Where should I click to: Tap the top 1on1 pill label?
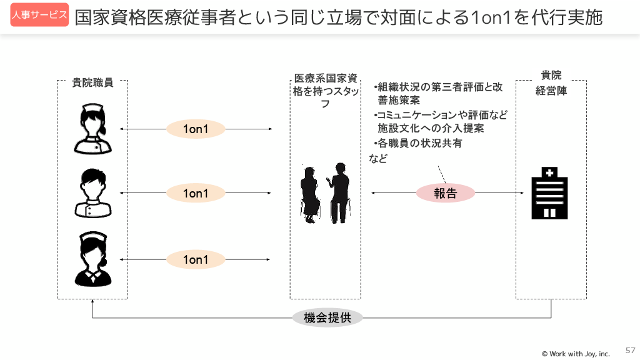(x=196, y=129)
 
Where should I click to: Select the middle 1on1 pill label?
(x=196, y=194)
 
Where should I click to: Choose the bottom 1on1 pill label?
(x=196, y=259)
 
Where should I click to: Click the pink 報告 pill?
(x=446, y=193)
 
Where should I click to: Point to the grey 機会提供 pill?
(x=327, y=317)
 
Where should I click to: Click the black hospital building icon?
(x=549, y=192)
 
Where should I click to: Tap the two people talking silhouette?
(x=325, y=193)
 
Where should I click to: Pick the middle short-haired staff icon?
(x=92, y=193)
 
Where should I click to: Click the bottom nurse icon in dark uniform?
(x=92, y=259)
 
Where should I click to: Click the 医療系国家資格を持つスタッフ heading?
(x=325, y=91)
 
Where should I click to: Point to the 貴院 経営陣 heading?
(x=551, y=82)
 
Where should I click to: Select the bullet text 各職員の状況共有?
(x=418, y=143)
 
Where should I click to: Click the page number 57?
(x=630, y=350)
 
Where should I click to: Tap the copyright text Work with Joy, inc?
(x=576, y=354)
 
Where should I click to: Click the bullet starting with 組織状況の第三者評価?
(x=437, y=93)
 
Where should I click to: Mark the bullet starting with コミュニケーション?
(x=440, y=122)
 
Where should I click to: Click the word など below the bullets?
(x=378, y=159)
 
